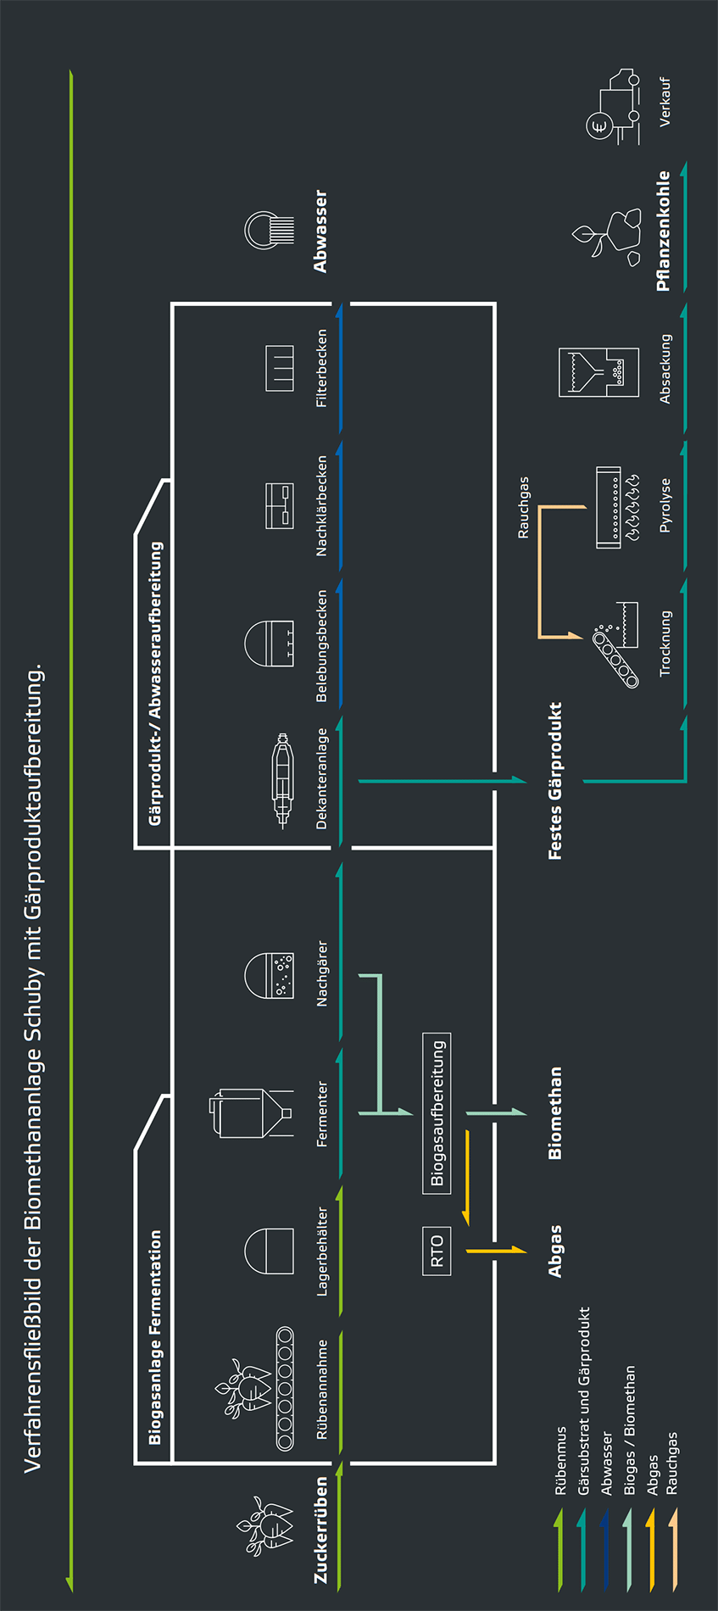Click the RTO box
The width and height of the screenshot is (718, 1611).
point(437,1251)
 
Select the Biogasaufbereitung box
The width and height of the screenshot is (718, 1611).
point(437,1113)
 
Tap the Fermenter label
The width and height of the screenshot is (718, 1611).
point(322,1114)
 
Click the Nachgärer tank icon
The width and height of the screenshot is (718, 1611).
point(270,975)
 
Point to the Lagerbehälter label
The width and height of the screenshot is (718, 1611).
point(322,1251)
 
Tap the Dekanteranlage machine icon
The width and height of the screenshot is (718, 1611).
point(281,780)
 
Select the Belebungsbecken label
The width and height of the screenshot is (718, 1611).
point(322,646)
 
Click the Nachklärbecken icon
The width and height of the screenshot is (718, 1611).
point(280,506)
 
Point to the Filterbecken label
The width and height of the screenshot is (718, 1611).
point(322,368)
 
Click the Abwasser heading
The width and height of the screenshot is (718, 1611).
point(320,231)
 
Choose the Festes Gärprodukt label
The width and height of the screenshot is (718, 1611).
point(555,781)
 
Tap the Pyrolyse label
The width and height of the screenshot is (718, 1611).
point(665,505)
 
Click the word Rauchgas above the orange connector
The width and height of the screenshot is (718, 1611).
point(524,507)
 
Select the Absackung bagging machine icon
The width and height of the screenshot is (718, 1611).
point(598,371)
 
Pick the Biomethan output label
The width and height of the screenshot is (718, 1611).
point(555,1113)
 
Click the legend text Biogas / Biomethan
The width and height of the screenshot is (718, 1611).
point(630,1430)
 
